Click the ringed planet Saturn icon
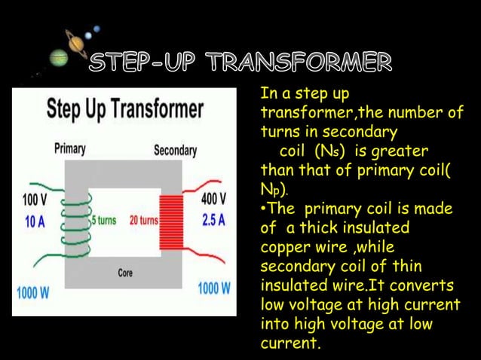pyautogui.click(x=76, y=45)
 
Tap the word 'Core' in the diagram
pyautogui.click(x=125, y=273)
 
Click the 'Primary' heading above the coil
pyautogui.click(x=69, y=150)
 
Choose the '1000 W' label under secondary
pyautogui.click(x=214, y=289)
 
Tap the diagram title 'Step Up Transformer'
pyautogui.click(x=125, y=110)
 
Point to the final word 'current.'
pyautogui.click(x=290, y=345)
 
